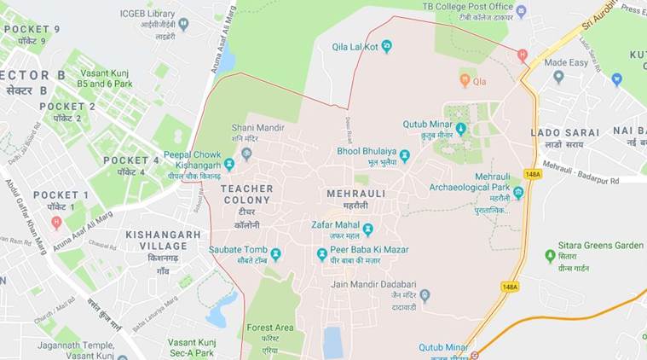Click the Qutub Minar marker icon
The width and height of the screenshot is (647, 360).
pyautogui.click(x=461, y=129)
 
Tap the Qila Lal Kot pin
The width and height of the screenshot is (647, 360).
pyautogui.click(x=386, y=46)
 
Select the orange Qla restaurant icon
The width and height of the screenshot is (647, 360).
pyautogui.click(x=465, y=81)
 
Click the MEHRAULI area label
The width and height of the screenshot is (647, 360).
pyautogui.click(x=356, y=194)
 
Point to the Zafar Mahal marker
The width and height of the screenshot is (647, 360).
pyautogui.click(x=367, y=229)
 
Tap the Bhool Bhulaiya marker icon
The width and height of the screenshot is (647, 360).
pyautogui.click(x=404, y=155)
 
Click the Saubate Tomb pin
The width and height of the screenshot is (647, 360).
pyautogui.click(x=275, y=253)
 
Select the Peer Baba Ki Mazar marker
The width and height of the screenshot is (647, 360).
pyautogui.click(x=321, y=253)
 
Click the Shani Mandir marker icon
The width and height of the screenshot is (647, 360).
pyautogui.click(x=246, y=154)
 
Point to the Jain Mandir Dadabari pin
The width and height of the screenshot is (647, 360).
pyautogui.click(x=425, y=295)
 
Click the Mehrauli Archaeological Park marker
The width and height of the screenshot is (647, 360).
pyautogui.click(x=518, y=193)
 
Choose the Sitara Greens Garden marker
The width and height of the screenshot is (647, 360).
pyautogui.click(x=551, y=256)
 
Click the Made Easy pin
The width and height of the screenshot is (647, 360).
pyautogui.click(x=558, y=77)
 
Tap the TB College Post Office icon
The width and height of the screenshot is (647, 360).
pyautogui.click(x=521, y=11)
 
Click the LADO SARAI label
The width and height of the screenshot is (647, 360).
pyautogui.click(x=558, y=133)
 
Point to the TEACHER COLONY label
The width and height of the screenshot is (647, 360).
pyautogui.click(x=246, y=189)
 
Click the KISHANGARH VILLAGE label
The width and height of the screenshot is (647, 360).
pyautogui.click(x=163, y=235)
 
